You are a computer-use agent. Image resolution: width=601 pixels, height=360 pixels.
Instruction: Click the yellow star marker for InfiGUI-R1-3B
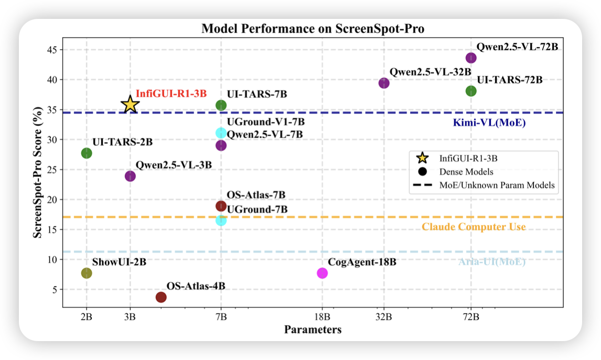(x=130, y=105)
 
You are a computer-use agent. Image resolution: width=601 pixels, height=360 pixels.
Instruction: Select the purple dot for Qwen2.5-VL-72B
(x=471, y=58)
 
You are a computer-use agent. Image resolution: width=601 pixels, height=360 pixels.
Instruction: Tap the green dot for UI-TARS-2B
(x=87, y=153)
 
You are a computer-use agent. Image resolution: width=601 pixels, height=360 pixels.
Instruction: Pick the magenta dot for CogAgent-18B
(x=322, y=273)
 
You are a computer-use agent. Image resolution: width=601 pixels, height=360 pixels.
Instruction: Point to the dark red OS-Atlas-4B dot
(x=161, y=297)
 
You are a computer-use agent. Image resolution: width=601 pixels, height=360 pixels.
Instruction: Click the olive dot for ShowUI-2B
(x=87, y=273)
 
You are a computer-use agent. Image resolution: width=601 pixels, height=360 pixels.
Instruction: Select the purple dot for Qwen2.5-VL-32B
(x=384, y=83)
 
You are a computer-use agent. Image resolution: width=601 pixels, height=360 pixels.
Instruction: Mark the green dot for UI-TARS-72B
(x=471, y=91)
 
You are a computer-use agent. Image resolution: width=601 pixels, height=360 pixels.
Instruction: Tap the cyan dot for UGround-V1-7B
(x=221, y=133)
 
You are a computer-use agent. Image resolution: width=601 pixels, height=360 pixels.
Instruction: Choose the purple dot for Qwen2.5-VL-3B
(x=130, y=176)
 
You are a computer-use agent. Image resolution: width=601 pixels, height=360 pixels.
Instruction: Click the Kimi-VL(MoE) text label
(x=489, y=123)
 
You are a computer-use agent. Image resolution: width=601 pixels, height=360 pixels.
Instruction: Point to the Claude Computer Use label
(x=474, y=227)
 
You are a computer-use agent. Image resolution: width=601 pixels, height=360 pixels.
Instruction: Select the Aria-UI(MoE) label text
(x=492, y=262)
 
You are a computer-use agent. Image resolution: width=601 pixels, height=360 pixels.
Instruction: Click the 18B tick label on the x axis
(x=322, y=317)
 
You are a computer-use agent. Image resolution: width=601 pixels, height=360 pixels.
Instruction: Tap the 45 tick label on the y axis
(x=51, y=50)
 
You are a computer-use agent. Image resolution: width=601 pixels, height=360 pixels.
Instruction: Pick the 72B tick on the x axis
(x=471, y=317)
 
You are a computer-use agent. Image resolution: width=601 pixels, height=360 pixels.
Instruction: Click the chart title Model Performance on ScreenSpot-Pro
(x=313, y=29)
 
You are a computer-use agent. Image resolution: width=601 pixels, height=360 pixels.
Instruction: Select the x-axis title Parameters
(x=313, y=330)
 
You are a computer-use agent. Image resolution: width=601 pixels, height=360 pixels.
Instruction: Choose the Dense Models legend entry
(x=466, y=171)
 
